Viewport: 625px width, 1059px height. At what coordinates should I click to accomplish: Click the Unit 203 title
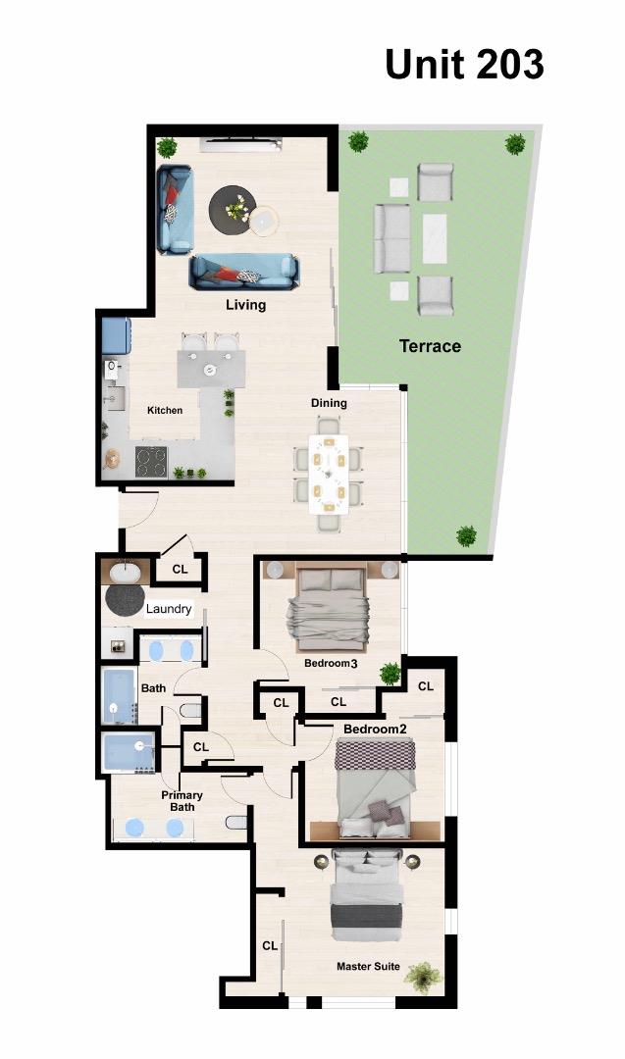[464, 64]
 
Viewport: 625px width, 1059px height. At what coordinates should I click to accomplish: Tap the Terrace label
[430, 345]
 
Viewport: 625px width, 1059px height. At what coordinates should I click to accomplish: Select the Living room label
[245, 305]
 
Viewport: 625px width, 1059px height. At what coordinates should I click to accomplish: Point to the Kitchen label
[165, 410]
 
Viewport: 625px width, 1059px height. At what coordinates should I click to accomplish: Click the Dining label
[329, 403]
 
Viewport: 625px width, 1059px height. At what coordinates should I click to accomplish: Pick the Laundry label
[169, 609]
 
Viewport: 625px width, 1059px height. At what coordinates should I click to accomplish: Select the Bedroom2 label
[375, 730]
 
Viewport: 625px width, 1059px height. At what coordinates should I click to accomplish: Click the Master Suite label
[368, 967]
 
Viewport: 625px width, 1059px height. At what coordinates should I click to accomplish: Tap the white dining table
[328, 474]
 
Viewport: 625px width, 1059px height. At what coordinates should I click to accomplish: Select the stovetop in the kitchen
[151, 460]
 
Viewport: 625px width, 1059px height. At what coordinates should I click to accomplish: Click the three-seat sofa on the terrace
[391, 238]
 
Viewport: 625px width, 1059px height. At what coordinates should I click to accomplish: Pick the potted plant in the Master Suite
[423, 976]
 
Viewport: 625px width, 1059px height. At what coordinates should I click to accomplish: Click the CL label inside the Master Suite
[270, 945]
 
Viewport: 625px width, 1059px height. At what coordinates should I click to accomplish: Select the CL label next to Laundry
[180, 569]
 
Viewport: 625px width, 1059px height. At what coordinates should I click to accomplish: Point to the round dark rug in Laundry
[125, 599]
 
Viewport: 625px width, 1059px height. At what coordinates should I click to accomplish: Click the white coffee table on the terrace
[434, 237]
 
